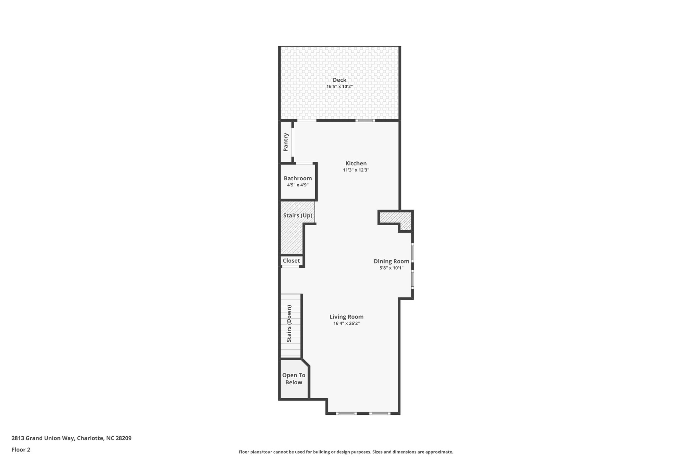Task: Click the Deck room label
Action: point(340,80)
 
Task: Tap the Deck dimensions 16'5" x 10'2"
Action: point(340,86)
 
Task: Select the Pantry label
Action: point(286,142)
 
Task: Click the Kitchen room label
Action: point(356,163)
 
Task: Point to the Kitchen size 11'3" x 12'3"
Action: point(356,170)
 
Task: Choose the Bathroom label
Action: point(298,178)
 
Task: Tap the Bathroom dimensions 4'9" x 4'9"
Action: point(298,185)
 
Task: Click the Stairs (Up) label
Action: point(298,215)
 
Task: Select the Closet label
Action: point(291,261)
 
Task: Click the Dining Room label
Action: point(391,261)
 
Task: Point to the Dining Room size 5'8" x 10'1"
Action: point(391,268)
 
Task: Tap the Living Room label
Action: point(346,317)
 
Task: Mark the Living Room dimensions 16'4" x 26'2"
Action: point(346,324)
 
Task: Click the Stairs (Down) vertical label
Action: point(289,324)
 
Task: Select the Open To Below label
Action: point(294,379)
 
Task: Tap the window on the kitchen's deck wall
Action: point(365,121)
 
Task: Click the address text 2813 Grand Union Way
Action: point(71,438)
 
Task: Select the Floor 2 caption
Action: point(21,450)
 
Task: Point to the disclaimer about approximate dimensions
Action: point(346,452)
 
